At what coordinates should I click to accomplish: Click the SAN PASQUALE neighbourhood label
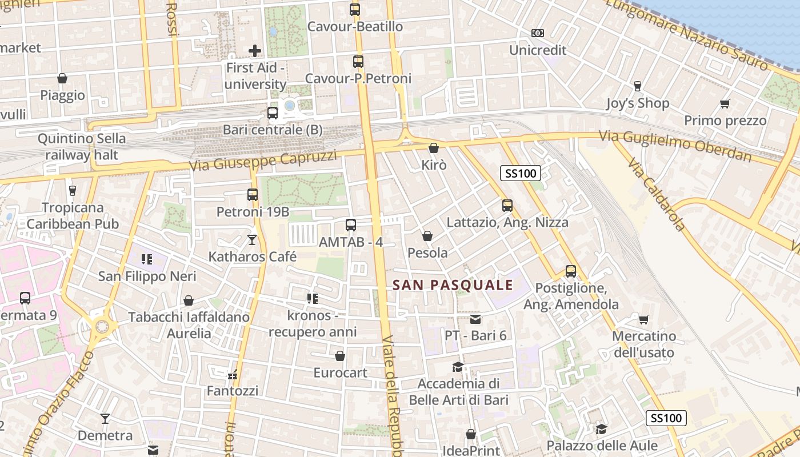(453, 285)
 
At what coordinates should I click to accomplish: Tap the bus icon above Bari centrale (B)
(273, 113)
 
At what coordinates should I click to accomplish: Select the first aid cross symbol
(255, 51)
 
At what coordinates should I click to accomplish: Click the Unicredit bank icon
(537, 33)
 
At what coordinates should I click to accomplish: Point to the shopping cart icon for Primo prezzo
(725, 104)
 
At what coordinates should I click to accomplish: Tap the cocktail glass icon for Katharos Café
(252, 240)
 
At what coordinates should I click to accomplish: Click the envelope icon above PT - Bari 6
(475, 319)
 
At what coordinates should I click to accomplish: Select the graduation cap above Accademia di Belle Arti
(458, 367)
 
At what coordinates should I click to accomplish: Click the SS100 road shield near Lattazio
(521, 173)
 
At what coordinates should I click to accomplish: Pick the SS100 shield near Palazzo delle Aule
(666, 418)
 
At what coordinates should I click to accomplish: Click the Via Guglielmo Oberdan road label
(674, 145)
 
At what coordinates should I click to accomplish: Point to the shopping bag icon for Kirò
(434, 149)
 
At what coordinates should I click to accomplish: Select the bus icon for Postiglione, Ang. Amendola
(570, 271)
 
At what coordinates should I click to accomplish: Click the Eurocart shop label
(340, 372)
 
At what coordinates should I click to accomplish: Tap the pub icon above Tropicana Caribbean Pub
(72, 191)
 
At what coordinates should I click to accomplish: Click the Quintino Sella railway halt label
(82, 147)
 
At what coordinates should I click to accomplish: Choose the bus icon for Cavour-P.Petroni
(358, 62)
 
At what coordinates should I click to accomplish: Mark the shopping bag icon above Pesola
(427, 236)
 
